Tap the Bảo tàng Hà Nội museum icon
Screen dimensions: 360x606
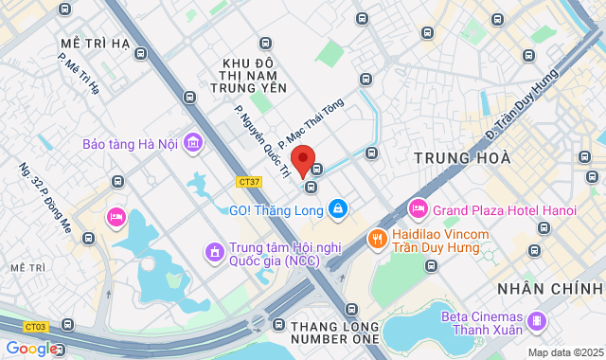pos(194,143)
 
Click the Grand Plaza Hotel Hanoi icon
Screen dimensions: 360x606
pos(418,207)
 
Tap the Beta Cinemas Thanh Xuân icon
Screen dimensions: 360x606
pos(537,321)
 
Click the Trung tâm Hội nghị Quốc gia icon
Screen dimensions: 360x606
pos(213,252)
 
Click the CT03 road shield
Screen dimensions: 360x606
pos(36,327)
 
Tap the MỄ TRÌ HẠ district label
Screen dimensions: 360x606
pos(95,45)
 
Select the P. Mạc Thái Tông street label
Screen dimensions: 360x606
pos(312,122)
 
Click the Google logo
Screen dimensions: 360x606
pos(30,349)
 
